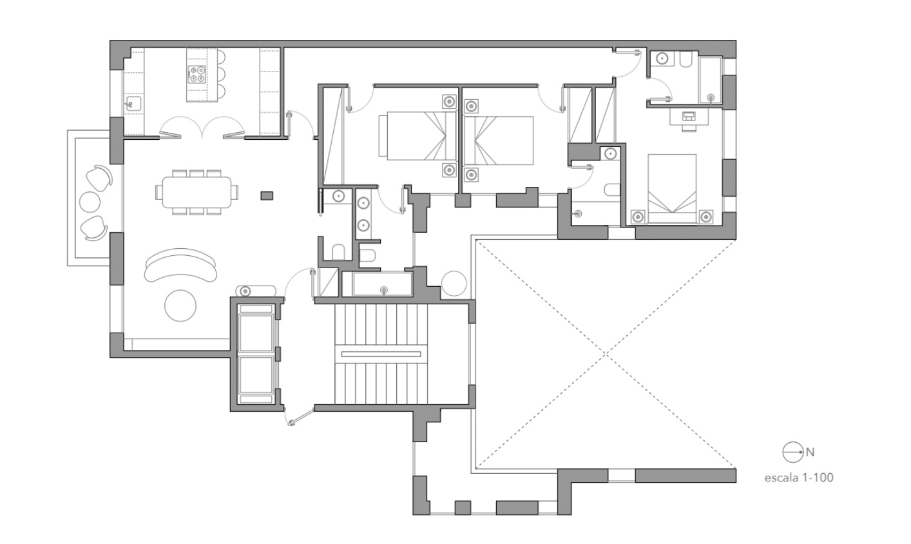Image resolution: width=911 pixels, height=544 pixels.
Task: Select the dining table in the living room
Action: point(196,192)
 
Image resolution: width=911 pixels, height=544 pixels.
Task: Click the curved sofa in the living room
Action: point(181,264)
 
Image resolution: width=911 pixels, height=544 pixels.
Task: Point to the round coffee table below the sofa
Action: point(181,306)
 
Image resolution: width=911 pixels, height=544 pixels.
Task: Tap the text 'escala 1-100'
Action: point(798,478)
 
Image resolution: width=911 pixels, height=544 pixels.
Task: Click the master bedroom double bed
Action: point(672,188)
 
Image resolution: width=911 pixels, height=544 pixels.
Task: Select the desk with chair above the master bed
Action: point(689,118)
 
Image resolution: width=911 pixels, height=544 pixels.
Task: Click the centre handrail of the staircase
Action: point(381,354)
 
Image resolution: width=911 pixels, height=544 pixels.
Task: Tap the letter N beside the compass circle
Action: point(810,452)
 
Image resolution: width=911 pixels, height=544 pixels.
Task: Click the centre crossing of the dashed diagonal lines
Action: point(605,354)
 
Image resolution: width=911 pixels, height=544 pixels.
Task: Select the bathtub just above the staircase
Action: point(381,284)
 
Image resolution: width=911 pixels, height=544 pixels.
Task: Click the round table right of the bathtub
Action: point(454,284)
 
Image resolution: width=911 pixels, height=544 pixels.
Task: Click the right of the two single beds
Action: point(499,140)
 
